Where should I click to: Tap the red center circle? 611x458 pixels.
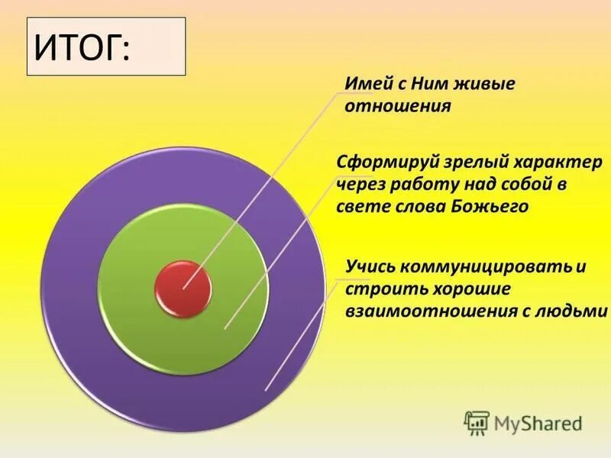183,287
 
